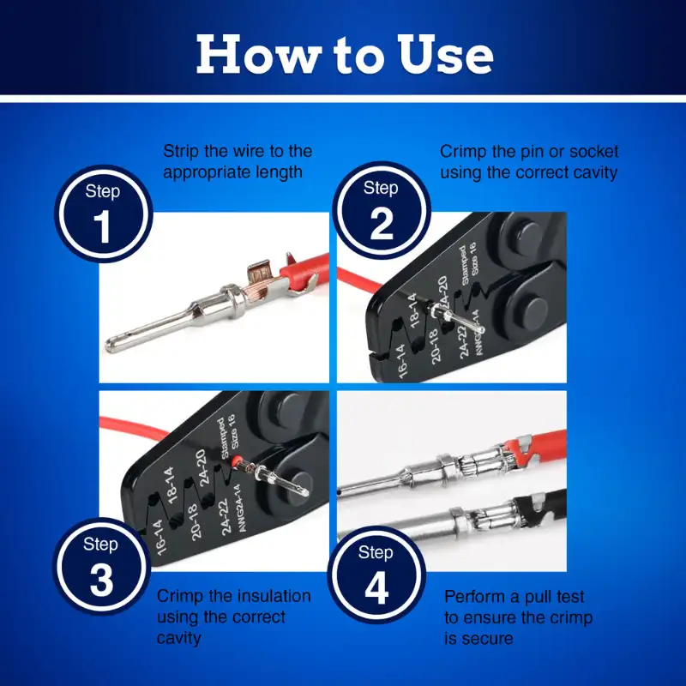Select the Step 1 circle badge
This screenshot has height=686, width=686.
click(x=103, y=214)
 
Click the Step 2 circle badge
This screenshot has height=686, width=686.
click(x=382, y=210)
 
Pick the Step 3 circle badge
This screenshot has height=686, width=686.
click(x=101, y=567)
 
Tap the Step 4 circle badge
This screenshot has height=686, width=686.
click(x=376, y=575)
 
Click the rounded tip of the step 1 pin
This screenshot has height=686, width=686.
click(x=111, y=345)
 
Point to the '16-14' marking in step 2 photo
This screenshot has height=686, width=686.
click(x=401, y=360)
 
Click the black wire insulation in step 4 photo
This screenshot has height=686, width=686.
click(x=540, y=508)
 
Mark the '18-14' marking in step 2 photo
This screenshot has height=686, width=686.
click(x=412, y=310)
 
